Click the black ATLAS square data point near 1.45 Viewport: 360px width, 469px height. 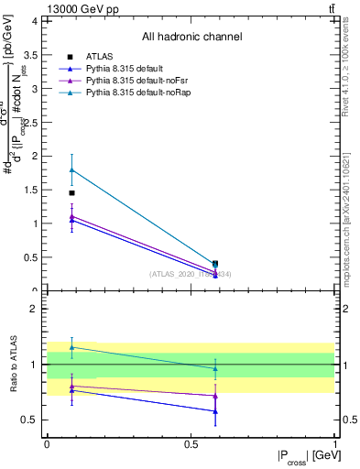tap(71, 193)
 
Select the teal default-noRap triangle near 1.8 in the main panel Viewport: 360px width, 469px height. tap(71, 169)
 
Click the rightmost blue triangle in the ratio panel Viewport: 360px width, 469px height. tap(215, 411)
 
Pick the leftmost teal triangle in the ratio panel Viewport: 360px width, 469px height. tap(71, 347)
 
